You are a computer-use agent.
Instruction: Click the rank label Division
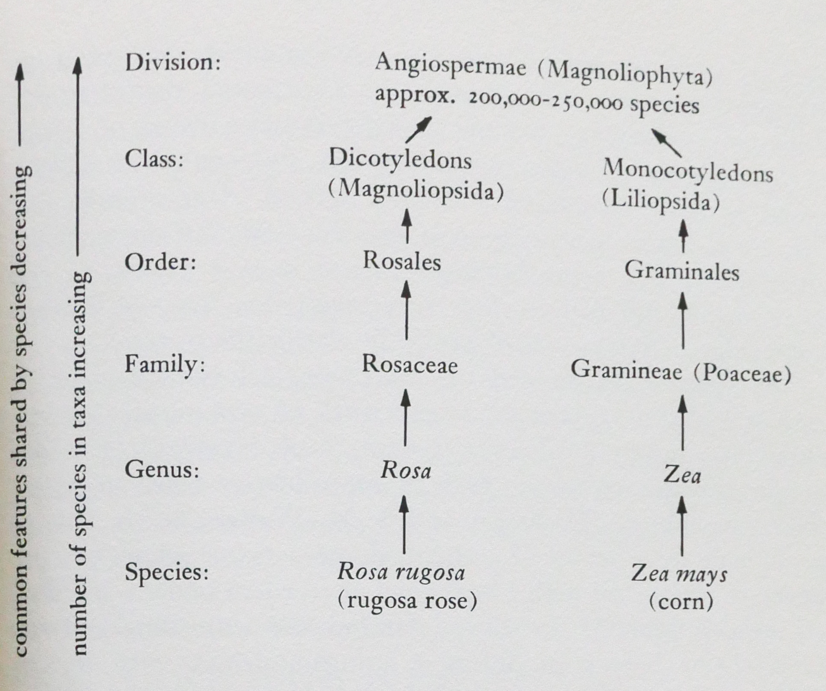pos(172,63)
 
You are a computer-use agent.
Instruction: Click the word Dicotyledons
pos(400,160)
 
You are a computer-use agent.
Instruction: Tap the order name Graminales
pos(682,271)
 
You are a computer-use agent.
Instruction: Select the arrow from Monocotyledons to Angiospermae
pos(666,143)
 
